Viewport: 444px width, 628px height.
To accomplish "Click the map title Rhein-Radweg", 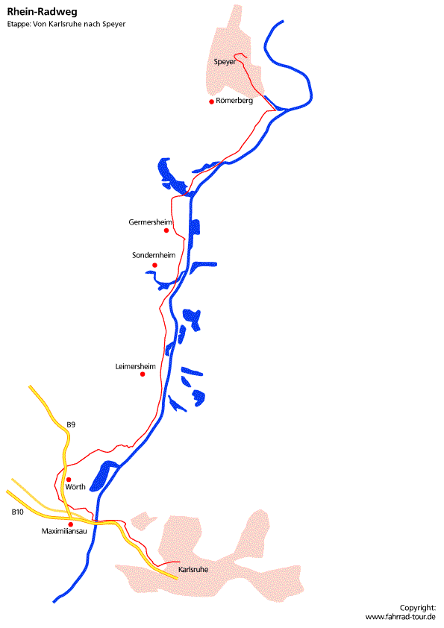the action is (x=42, y=12).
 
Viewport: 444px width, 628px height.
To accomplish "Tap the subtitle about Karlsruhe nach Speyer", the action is (x=66, y=24).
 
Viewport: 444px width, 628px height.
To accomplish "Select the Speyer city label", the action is (x=225, y=62).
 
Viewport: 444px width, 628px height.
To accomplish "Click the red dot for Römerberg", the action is (x=212, y=101).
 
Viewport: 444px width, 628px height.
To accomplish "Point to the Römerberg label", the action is (x=234, y=101).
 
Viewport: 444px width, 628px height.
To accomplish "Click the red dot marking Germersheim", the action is (x=166, y=230).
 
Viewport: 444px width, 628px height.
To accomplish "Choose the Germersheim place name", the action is (x=150, y=222).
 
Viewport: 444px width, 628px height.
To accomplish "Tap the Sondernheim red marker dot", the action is (x=154, y=265).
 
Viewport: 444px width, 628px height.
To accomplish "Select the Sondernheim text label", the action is (x=154, y=255).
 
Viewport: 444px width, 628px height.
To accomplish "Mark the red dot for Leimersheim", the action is (x=143, y=374).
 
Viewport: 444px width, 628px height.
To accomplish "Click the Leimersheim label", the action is (x=136, y=366).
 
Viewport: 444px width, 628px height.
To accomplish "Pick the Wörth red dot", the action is (x=69, y=480).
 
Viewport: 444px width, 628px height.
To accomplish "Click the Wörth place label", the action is (x=75, y=487).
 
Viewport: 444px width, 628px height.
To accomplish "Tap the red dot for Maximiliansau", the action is (x=71, y=524).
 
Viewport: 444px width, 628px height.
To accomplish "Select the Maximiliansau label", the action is (x=64, y=532).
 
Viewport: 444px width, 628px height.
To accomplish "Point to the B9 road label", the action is (x=71, y=424).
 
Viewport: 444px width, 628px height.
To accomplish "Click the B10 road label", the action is (x=18, y=512).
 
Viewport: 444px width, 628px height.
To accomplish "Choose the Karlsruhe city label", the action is (x=193, y=570).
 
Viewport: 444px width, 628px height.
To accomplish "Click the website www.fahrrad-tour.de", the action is (x=400, y=617).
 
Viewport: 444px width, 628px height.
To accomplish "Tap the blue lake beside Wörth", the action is (x=102, y=476).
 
